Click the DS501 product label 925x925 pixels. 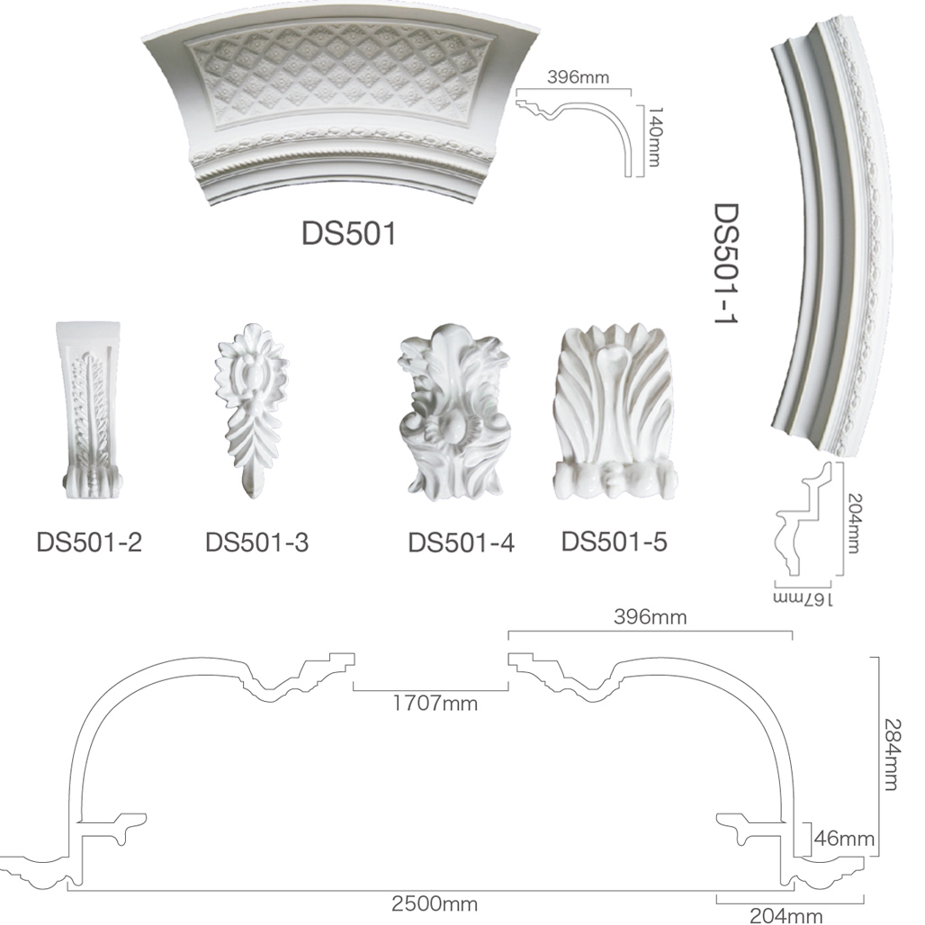(x=348, y=234)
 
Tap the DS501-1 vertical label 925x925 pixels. (x=726, y=264)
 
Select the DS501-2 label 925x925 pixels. (x=90, y=542)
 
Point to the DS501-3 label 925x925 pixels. (x=257, y=542)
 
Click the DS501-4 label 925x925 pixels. (x=462, y=543)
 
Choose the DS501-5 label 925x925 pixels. (x=614, y=541)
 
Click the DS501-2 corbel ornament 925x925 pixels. (x=90, y=410)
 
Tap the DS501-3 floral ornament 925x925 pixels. (x=251, y=410)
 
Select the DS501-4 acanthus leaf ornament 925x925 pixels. (x=454, y=412)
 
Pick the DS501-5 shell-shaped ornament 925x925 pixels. (x=615, y=412)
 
